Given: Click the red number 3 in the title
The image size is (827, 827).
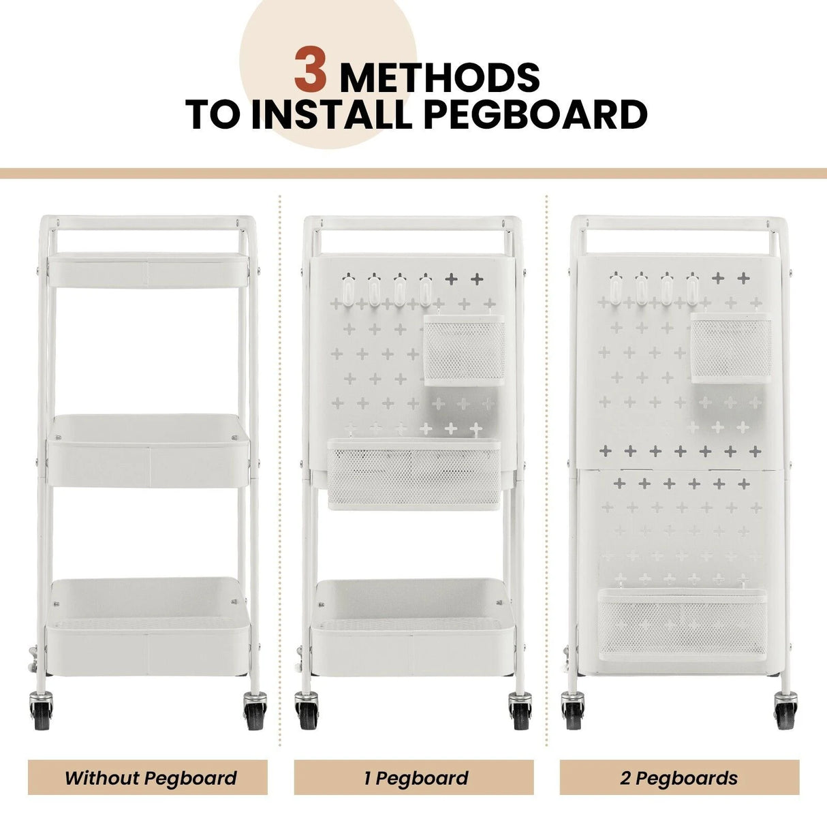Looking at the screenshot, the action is (x=310, y=70).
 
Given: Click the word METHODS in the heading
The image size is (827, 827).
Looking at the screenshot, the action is (x=440, y=78).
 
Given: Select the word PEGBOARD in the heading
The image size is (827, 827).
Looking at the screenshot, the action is (x=535, y=114).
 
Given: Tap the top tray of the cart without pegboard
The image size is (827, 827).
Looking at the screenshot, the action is (x=148, y=270).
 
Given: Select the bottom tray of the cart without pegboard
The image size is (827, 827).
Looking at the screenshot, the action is (x=148, y=627).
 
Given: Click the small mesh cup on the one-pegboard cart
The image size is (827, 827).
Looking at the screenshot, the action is (x=465, y=349).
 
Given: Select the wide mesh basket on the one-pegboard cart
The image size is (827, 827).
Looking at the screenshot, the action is (x=414, y=474).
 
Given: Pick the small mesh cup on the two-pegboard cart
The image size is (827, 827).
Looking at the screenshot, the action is (x=731, y=347).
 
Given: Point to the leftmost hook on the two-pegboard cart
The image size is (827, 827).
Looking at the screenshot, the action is (x=616, y=288).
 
